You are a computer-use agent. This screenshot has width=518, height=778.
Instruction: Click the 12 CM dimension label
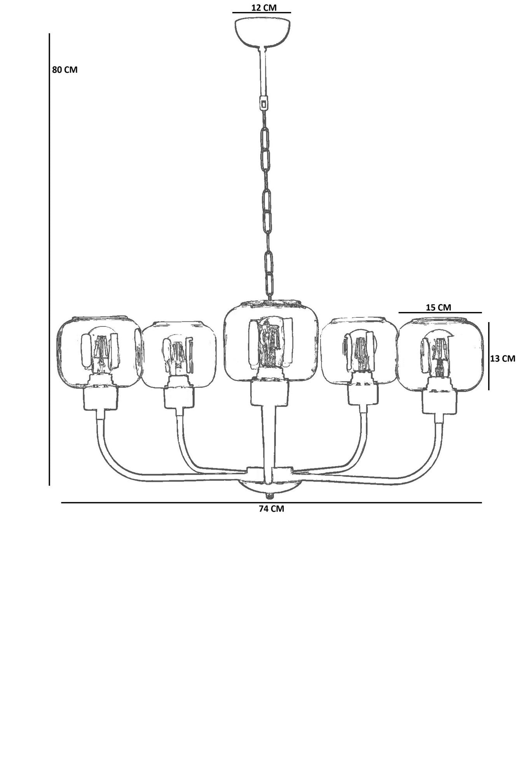(264, 7)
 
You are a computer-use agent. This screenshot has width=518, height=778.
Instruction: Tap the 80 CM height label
(65, 70)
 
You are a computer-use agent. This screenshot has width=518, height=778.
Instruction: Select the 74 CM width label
(271, 508)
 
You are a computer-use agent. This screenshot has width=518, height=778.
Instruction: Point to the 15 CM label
(438, 307)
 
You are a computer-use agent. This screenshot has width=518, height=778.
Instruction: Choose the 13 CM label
(502, 358)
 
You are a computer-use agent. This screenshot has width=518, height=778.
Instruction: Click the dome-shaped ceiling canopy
(263, 32)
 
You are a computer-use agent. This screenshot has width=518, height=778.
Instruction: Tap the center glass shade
(271, 341)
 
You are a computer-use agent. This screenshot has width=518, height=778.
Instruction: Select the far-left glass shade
(99, 352)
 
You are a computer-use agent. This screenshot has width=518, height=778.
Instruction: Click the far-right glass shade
(440, 355)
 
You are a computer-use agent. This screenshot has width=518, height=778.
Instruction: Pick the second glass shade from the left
(178, 354)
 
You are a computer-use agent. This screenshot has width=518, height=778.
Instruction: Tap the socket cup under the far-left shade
(101, 397)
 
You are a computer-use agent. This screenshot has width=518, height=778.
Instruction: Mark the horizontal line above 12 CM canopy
(262, 13)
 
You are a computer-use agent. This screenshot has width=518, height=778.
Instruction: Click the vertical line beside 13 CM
(489, 356)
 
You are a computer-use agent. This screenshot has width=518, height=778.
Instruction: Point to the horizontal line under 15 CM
(440, 312)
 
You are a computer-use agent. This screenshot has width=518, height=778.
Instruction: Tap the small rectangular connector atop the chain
(264, 104)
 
